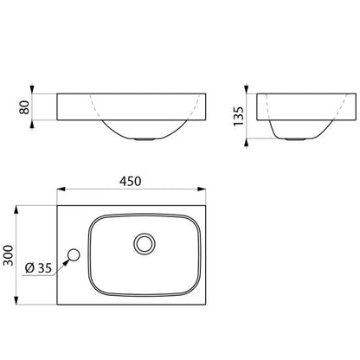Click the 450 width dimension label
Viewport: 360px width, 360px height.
coord(131,181)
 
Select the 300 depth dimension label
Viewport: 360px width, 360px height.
coord(8,255)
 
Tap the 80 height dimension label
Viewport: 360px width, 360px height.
coord(24,107)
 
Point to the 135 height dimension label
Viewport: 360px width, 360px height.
coord(239,116)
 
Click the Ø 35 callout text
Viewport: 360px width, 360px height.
coord(38,268)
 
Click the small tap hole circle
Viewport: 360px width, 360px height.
coord(74,254)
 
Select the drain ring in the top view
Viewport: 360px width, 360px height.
coord(145,244)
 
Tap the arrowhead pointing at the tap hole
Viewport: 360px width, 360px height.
coord(67,262)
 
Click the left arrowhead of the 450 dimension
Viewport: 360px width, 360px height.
coord(61,190)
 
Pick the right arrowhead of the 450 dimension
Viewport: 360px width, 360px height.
coord(202,190)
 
